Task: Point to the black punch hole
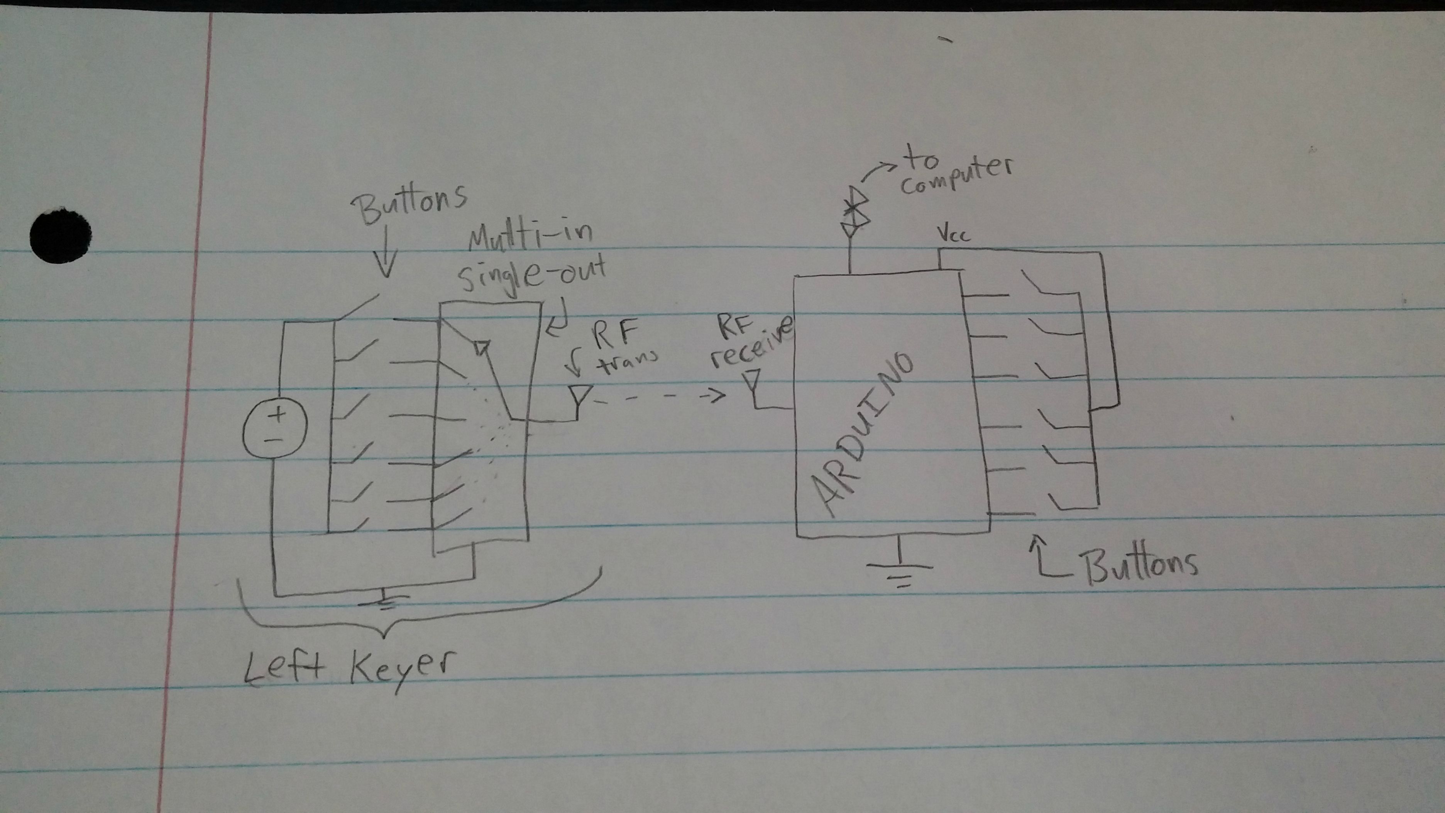[x=61, y=235]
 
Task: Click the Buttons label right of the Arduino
[x=1142, y=564]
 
